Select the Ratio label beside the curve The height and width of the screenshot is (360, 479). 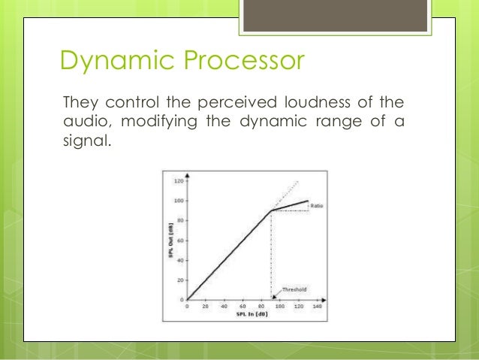318,205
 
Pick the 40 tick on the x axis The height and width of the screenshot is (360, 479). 224,307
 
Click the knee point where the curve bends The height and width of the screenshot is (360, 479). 271,210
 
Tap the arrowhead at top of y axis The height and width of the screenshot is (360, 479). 186,176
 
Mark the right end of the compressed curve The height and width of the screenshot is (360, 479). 308,201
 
